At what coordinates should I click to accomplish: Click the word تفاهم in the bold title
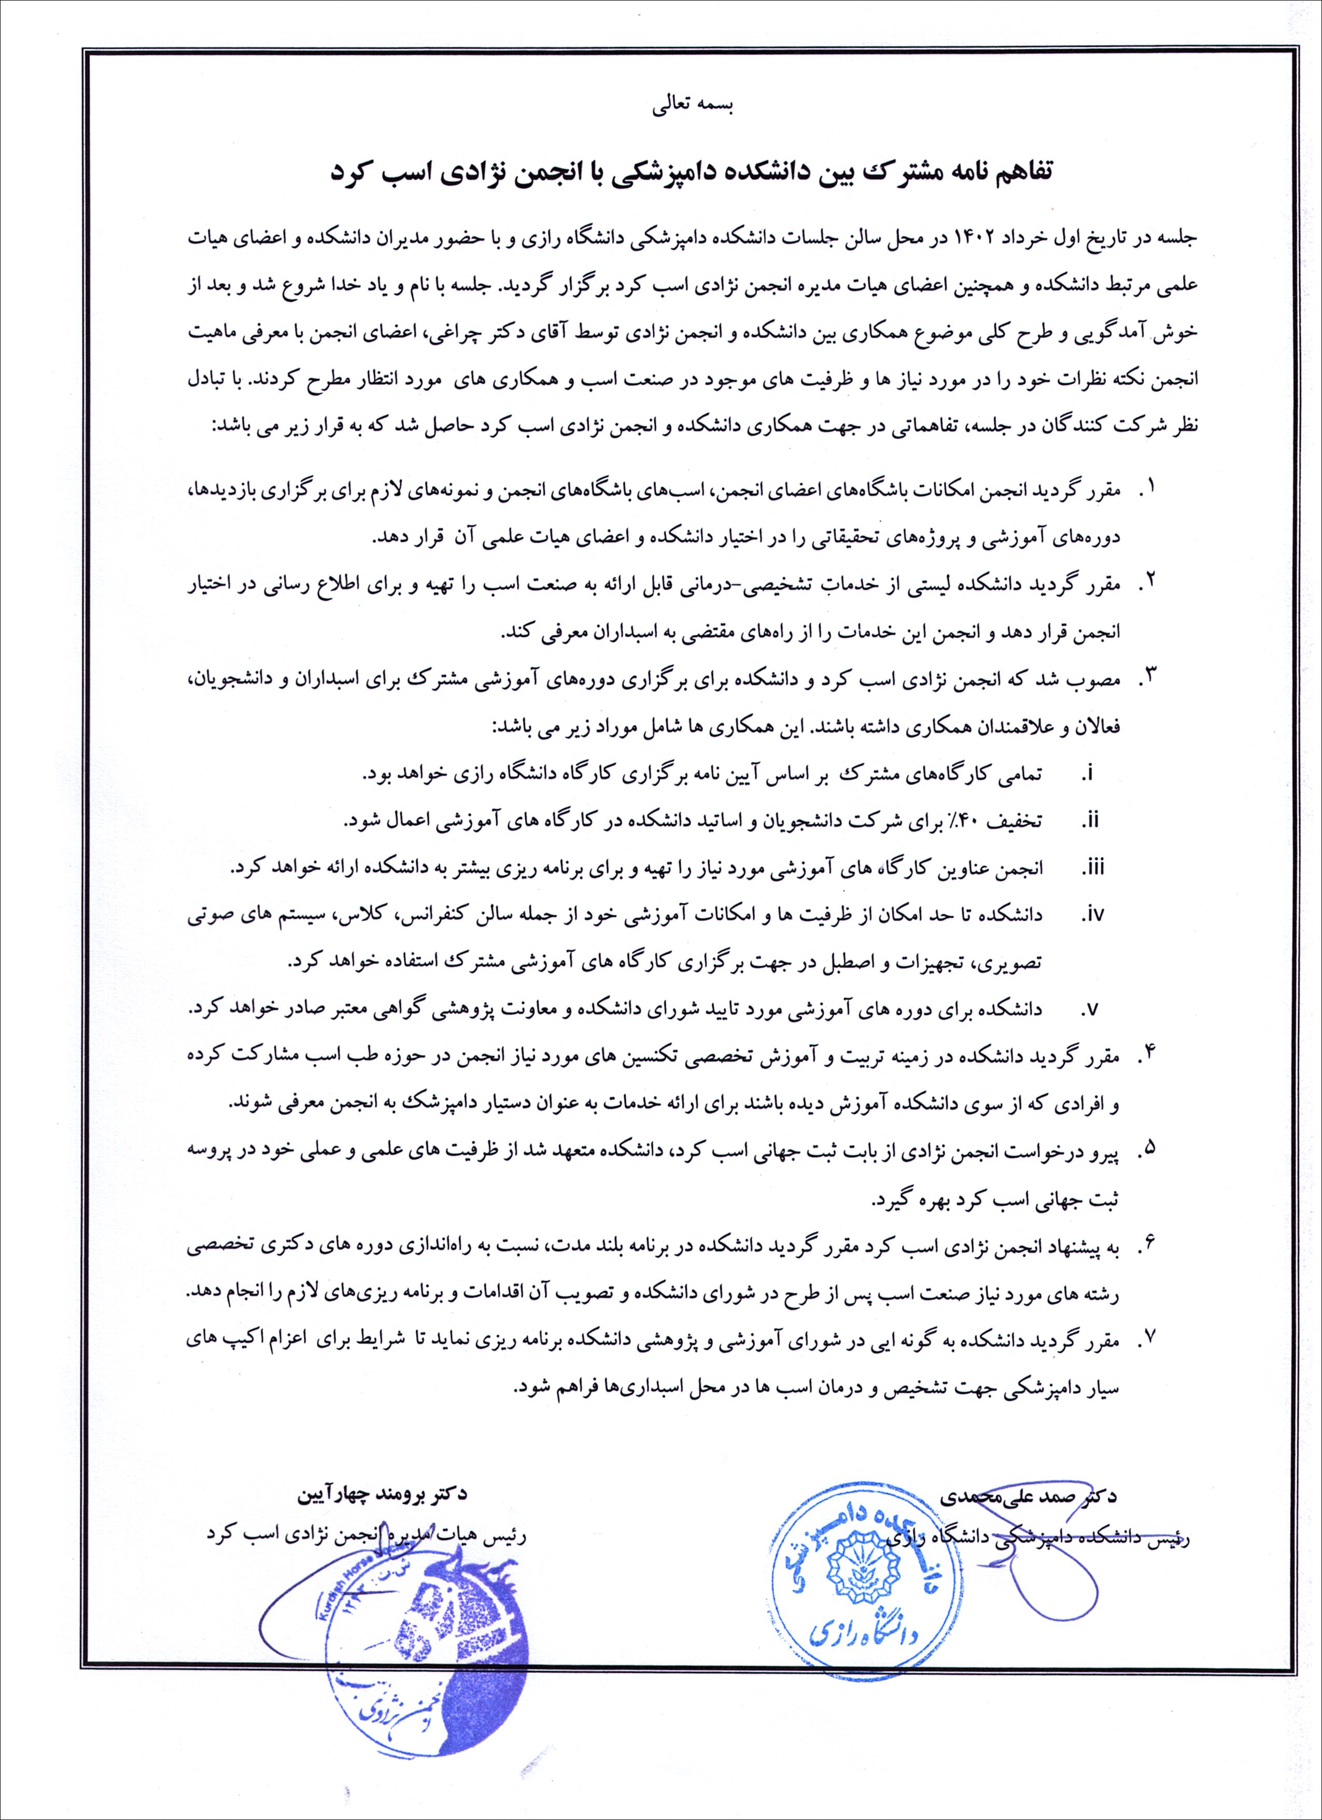tap(1018, 172)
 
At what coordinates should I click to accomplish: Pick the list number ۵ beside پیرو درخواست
tap(1154, 1149)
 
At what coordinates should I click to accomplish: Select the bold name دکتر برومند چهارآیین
tap(381, 1494)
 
